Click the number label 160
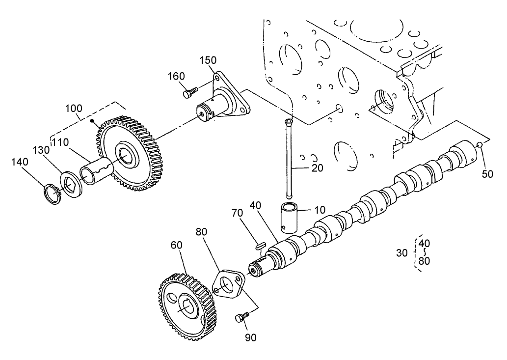pyautogui.click(x=177, y=76)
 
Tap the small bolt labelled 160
pyautogui.click(x=190, y=91)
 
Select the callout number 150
pyautogui.click(x=208, y=60)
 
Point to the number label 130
pyautogui.click(x=42, y=150)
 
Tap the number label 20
pyautogui.click(x=318, y=167)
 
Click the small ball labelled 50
pyautogui.click(x=480, y=144)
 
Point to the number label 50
pyautogui.click(x=488, y=173)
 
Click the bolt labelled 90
pyautogui.click(x=241, y=319)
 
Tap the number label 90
pyautogui.click(x=250, y=337)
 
